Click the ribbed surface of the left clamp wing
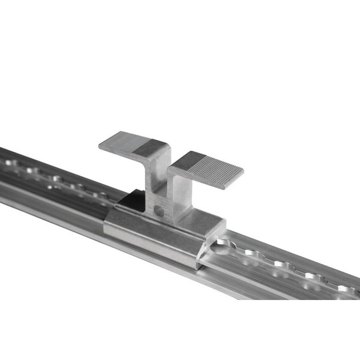pyautogui.click(x=123, y=142)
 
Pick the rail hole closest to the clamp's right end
pyautogui.click(x=225, y=244)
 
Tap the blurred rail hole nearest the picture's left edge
pyautogui.click(x=13, y=163)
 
